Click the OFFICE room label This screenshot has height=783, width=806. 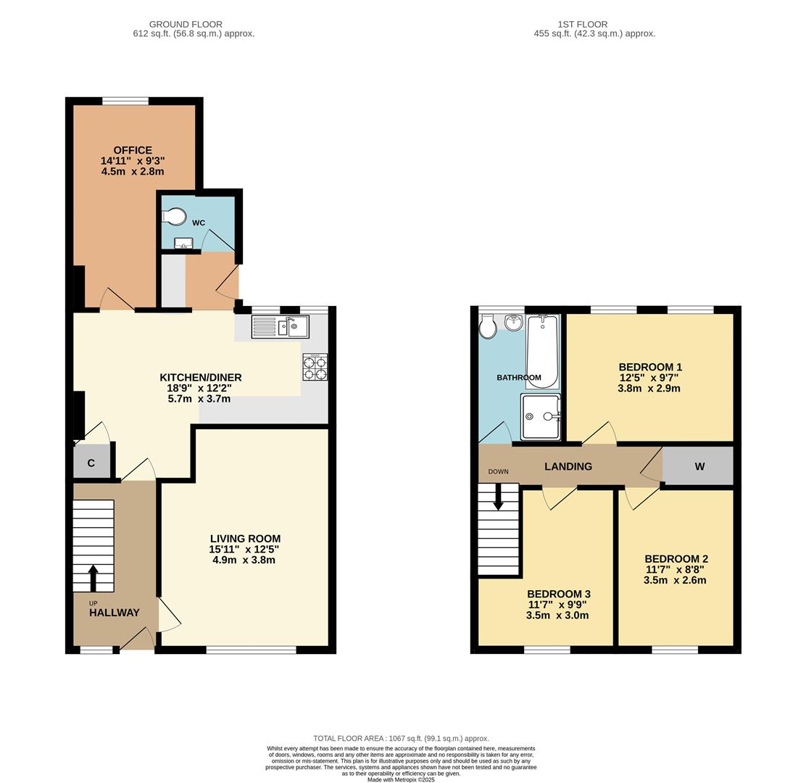click(133, 150)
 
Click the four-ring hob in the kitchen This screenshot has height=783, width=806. click(315, 367)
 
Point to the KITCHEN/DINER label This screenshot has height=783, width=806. click(201, 377)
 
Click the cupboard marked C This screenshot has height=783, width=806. click(91, 463)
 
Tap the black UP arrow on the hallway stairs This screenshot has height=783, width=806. click(93, 578)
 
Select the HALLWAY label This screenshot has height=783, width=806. click(115, 613)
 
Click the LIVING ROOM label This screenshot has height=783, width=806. click(245, 539)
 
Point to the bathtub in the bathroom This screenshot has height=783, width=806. click(542, 351)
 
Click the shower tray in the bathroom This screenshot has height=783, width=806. click(541, 416)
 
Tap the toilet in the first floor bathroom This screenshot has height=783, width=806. click(487, 326)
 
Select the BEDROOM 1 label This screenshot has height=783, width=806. click(650, 367)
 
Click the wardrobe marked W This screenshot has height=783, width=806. click(699, 466)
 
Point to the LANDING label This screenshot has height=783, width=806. click(568, 466)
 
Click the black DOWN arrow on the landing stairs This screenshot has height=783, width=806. click(499, 497)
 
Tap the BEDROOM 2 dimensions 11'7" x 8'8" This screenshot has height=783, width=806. click(676, 570)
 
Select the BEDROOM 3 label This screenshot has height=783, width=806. click(558, 594)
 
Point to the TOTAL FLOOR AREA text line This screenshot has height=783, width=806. click(401, 738)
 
